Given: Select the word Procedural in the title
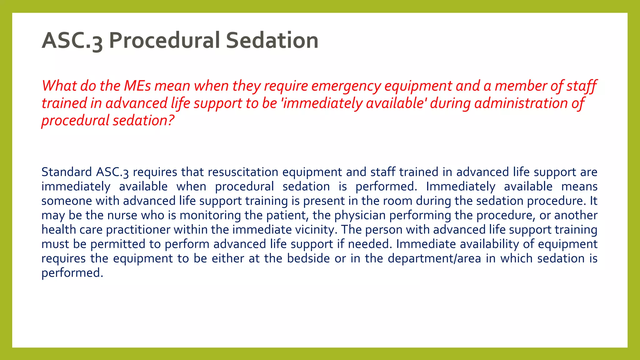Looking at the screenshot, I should [164, 41].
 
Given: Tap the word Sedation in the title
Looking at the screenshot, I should [272, 41].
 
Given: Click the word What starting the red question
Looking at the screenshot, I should [59, 86].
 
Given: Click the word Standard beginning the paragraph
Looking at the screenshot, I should [67, 172].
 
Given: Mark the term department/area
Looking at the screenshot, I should [434, 259].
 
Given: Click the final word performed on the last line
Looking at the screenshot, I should [72, 273].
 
